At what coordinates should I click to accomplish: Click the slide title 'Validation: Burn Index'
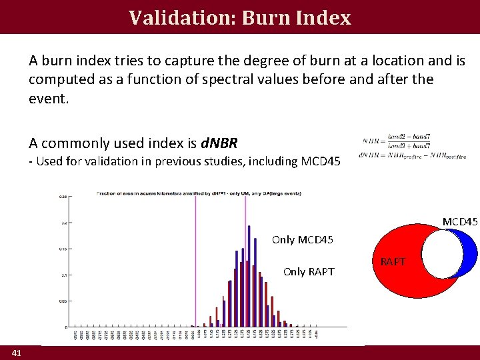click(x=240, y=17)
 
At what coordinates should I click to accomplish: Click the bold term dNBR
click(x=219, y=143)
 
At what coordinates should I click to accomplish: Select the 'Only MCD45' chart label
click(x=303, y=239)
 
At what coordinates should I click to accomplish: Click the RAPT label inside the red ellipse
click(x=393, y=262)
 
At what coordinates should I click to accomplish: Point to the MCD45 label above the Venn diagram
click(x=460, y=221)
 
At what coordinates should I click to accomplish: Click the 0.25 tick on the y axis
click(x=63, y=197)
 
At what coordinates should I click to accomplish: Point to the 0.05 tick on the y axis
click(x=62, y=301)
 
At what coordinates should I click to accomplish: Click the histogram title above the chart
click(x=199, y=193)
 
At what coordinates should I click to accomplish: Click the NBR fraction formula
click(x=397, y=140)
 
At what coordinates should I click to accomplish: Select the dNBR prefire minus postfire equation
click(x=412, y=156)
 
